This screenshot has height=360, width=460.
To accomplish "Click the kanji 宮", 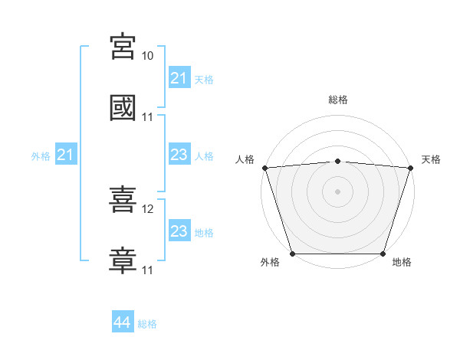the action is tap(123, 46).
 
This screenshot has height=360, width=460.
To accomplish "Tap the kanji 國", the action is tap(123, 107).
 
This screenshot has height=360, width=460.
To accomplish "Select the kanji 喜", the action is tap(123, 199).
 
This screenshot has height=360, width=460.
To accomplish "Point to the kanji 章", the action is tap(123, 260).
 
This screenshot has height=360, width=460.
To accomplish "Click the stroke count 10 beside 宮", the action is tap(147, 56).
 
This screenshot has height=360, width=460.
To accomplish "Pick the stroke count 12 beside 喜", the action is tap(147, 209).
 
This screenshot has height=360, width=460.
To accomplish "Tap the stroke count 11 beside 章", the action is tap(147, 270).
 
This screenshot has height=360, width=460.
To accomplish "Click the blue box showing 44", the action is tap(123, 321).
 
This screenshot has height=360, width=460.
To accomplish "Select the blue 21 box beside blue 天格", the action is tap(179, 77).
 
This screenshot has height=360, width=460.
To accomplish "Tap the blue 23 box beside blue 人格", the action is tap(179, 154).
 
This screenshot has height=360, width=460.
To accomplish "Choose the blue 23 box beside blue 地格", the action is tap(179, 230).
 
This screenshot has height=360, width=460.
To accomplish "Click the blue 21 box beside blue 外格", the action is tap(66, 154).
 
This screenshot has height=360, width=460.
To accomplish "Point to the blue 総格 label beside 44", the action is tap(147, 324).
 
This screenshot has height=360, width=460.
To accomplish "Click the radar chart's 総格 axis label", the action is tap(338, 100).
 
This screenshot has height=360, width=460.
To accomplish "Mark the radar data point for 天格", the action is tap(411, 168).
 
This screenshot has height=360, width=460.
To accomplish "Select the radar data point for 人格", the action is tap(265, 168).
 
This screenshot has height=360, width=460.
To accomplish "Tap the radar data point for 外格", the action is tap(293, 254).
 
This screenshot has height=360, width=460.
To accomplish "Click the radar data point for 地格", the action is tap(383, 254).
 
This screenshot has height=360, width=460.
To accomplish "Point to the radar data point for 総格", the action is tap(337, 162).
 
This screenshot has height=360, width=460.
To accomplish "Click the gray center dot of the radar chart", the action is tap(337, 191).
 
